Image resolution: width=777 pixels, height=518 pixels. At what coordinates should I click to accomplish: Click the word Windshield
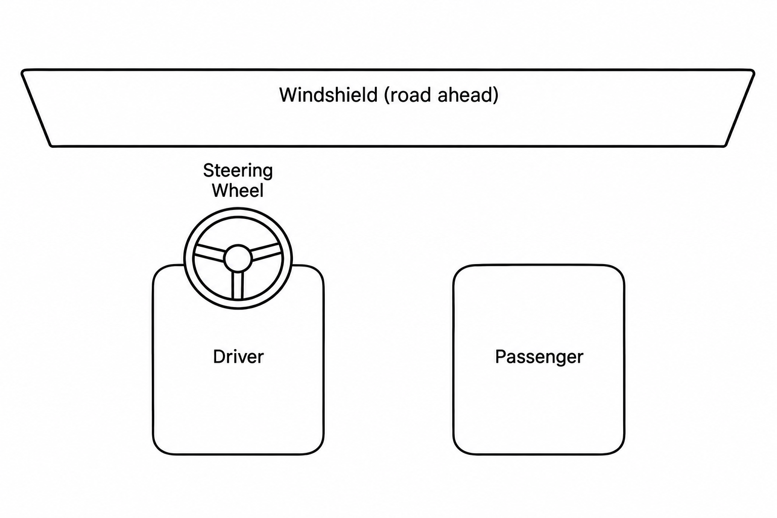tap(328, 95)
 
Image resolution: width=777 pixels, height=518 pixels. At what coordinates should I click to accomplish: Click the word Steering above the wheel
tap(238, 171)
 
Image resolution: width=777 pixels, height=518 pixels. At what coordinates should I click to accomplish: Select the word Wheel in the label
tap(238, 191)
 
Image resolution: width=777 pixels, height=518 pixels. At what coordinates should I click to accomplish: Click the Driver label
tap(238, 357)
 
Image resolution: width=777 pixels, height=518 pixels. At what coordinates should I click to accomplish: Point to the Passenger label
tap(539, 357)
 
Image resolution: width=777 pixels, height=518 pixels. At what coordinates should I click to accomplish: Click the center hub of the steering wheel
tap(238, 258)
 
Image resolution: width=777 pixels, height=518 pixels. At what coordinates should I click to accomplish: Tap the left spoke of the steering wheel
tap(209, 252)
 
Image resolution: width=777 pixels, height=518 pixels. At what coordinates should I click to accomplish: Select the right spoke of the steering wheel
tap(266, 252)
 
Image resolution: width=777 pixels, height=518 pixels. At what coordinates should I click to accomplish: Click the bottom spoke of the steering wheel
tap(238, 285)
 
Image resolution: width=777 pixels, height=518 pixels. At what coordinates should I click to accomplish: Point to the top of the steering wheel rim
tap(238, 212)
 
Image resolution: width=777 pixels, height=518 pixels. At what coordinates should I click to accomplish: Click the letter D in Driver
tap(219, 357)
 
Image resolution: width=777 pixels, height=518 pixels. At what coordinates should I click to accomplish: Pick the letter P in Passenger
tap(501, 357)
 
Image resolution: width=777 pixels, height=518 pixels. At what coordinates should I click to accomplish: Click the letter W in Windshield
tap(290, 95)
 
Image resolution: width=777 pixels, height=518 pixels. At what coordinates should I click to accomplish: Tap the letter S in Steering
tap(208, 170)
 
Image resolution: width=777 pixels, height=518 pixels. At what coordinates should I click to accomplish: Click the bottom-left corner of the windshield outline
tap(51, 145)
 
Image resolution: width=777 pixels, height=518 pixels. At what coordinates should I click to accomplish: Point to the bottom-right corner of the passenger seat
tap(621, 450)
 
